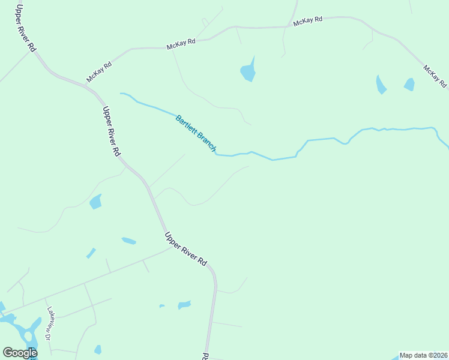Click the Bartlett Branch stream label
196,132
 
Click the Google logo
19,353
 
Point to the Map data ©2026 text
424,355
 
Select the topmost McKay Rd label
308,20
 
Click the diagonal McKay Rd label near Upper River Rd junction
99,72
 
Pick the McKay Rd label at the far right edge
435,77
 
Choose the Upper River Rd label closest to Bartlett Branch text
112,131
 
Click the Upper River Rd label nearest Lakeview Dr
185,249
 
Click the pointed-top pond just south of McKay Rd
248,72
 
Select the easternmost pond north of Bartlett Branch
409,85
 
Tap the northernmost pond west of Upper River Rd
95,202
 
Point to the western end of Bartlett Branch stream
122,94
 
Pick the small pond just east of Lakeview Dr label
97,349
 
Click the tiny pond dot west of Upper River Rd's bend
162,306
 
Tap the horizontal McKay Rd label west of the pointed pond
181,43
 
